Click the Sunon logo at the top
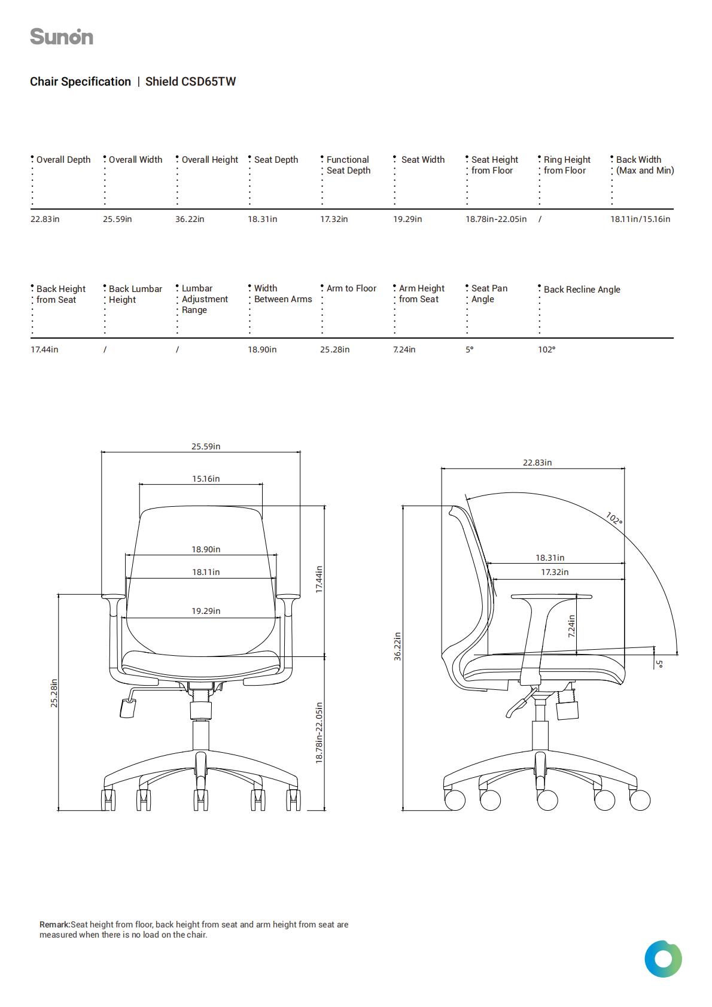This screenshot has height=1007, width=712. coord(62,36)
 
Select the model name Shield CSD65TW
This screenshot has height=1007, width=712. coord(190,81)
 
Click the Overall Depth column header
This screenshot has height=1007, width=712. coord(63,160)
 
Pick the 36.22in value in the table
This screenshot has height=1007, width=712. coord(190,219)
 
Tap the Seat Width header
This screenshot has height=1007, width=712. coord(423,160)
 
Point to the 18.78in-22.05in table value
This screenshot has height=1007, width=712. coord(496,219)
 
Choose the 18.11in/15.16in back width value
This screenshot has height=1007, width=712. coord(640,219)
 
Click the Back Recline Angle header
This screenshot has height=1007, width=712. coord(582,290)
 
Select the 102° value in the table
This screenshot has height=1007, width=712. coord(546,349)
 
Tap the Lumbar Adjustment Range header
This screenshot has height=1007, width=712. coord(205,299)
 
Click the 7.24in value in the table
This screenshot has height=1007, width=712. coord(404,349)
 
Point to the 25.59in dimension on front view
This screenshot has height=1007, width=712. coord(206,446)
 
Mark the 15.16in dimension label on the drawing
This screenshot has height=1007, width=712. coord(206,479)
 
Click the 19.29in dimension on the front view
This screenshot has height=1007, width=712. coord(206,611)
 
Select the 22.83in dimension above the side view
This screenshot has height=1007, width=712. coord(537,463)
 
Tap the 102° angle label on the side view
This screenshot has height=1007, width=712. coord(614,518)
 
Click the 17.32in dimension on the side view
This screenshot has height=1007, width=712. coord(555,572)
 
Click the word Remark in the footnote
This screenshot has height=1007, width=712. coord(54,924)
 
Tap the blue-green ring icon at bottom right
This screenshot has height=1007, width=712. coord(663,959)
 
